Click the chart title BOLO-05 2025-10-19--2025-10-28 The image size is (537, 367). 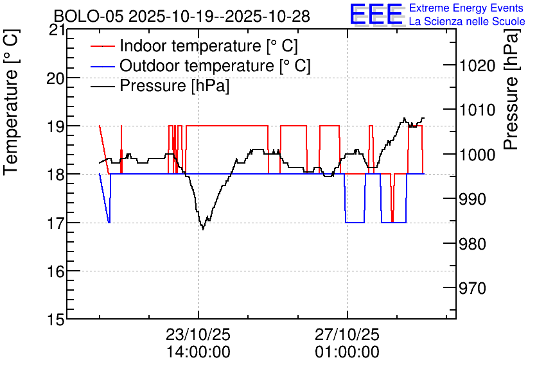(182, 16)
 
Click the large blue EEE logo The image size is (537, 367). (376, 14)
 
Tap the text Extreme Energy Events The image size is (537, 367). (466, 8)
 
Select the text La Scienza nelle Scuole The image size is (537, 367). (467, 21)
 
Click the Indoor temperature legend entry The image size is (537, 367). (194, 46)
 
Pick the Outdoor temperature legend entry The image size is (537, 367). (200, 65)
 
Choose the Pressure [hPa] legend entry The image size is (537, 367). (160, 85)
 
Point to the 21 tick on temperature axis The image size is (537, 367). (57, 30)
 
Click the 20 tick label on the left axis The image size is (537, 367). (56, 78)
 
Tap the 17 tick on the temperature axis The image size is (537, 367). (57, 223)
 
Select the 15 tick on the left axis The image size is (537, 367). (57, 320)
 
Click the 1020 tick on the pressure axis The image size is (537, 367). (477, 65)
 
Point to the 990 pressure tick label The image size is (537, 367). (473, 199)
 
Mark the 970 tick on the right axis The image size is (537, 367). (473, 288)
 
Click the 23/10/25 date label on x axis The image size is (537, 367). (198, 334)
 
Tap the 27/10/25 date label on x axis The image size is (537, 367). (348, 334)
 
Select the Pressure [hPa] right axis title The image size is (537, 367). (511, 89)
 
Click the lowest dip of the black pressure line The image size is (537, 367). (203, 229)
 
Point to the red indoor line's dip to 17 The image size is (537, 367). (392, 221)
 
